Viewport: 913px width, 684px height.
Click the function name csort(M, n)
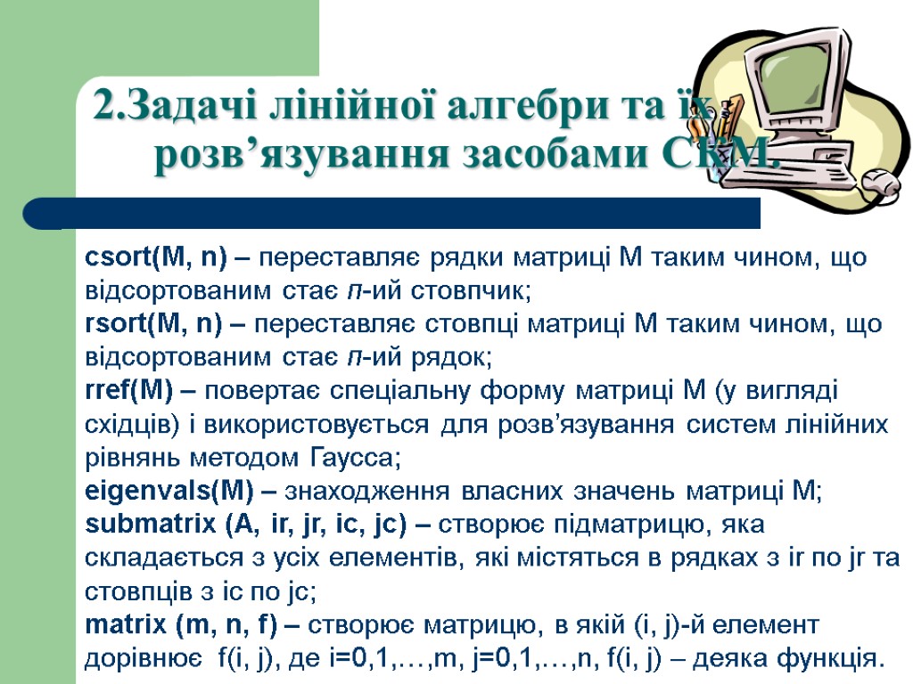click(156, 258)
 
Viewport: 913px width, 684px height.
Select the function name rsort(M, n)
click(153, 324)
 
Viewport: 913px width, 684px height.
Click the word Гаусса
click(354, 459)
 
